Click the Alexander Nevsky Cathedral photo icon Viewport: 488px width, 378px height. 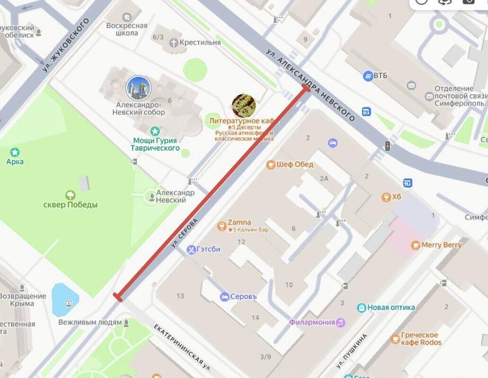[x=138, y=88]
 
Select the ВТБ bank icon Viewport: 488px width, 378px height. [x=368, y=76]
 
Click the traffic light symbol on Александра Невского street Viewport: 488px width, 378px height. [x=388, y=146]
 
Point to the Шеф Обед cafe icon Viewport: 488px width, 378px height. [x=271, y=165]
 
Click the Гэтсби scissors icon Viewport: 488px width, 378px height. [x=191, y=249]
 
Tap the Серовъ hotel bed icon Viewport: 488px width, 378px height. [x=224, y=297]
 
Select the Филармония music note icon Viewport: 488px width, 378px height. [x=341, y=322]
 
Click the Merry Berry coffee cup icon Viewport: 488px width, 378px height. [x=415, y=245]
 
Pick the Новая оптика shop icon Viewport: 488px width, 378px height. [x=361, y=308]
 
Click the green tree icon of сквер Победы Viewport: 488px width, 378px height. [x=70, y=194]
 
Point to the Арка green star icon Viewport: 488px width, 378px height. [x=15, y=152]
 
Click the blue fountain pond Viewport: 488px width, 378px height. [x=65, y=300]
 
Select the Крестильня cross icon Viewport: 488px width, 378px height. [x=173, y=43]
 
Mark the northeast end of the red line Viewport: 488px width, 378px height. [x=306, y=88]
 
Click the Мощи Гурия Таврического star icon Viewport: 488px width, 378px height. [x=154, y=131]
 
